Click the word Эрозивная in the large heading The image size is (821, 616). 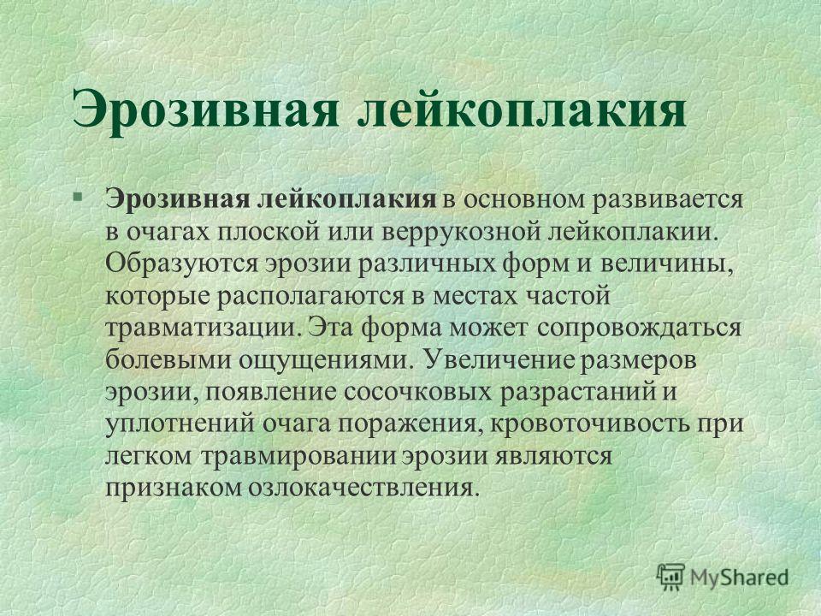[x=205, y=110]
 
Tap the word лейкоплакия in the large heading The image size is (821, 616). [x=522, y=110]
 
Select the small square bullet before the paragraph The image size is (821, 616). [x=77, y=198]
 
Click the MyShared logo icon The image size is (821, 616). [x=670, y=577]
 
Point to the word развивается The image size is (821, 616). [x=668, y=200]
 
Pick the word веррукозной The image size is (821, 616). [x=461, y=232]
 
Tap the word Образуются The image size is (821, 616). [x=181, y=264]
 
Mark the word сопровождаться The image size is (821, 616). [x=639, y=329]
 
